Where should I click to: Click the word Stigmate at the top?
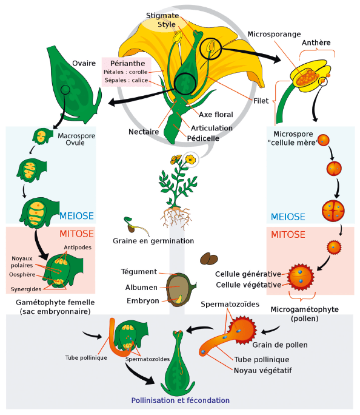[162, 16]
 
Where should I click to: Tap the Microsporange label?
[274, 34]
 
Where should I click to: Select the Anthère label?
[316, 42]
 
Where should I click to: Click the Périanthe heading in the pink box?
[128, 63]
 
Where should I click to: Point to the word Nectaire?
[144, 132]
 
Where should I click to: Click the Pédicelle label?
[203, 138]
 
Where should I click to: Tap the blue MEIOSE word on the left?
[76, 216]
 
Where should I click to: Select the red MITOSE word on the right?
[288, 234]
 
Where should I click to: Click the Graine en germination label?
[153, 241]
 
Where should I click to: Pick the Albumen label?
[141, 288]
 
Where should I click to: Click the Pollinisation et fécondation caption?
[181, 400]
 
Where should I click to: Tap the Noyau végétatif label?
[263, 371]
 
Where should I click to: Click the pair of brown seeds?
[209, 259]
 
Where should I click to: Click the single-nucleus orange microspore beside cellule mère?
[323, 140]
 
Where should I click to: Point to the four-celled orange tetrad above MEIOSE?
[333, 211]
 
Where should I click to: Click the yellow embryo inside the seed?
[179, 299]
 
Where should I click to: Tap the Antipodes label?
[78, 248]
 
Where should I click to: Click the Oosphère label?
[22, 274]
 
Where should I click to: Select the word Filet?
[261, 101]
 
